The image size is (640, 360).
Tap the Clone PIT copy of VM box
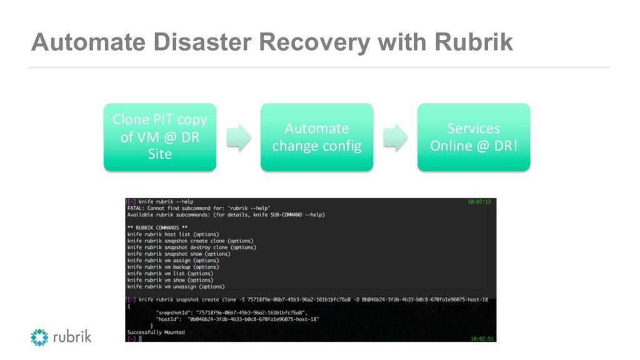(159, 137)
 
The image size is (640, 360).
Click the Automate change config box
(316, 137)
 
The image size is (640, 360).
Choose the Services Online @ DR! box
(473, 137)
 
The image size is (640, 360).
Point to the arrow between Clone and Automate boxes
(238, 137)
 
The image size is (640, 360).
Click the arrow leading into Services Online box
(395, 137)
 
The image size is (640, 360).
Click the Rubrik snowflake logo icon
(39, 337)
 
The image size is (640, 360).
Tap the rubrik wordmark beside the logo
(72, 337)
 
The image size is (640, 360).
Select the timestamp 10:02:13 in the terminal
(479, 202)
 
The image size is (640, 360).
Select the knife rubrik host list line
(172, 234)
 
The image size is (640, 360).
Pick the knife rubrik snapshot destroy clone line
(191, 247)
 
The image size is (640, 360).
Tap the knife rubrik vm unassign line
(175, 287)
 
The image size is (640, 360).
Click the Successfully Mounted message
(156, 332)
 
